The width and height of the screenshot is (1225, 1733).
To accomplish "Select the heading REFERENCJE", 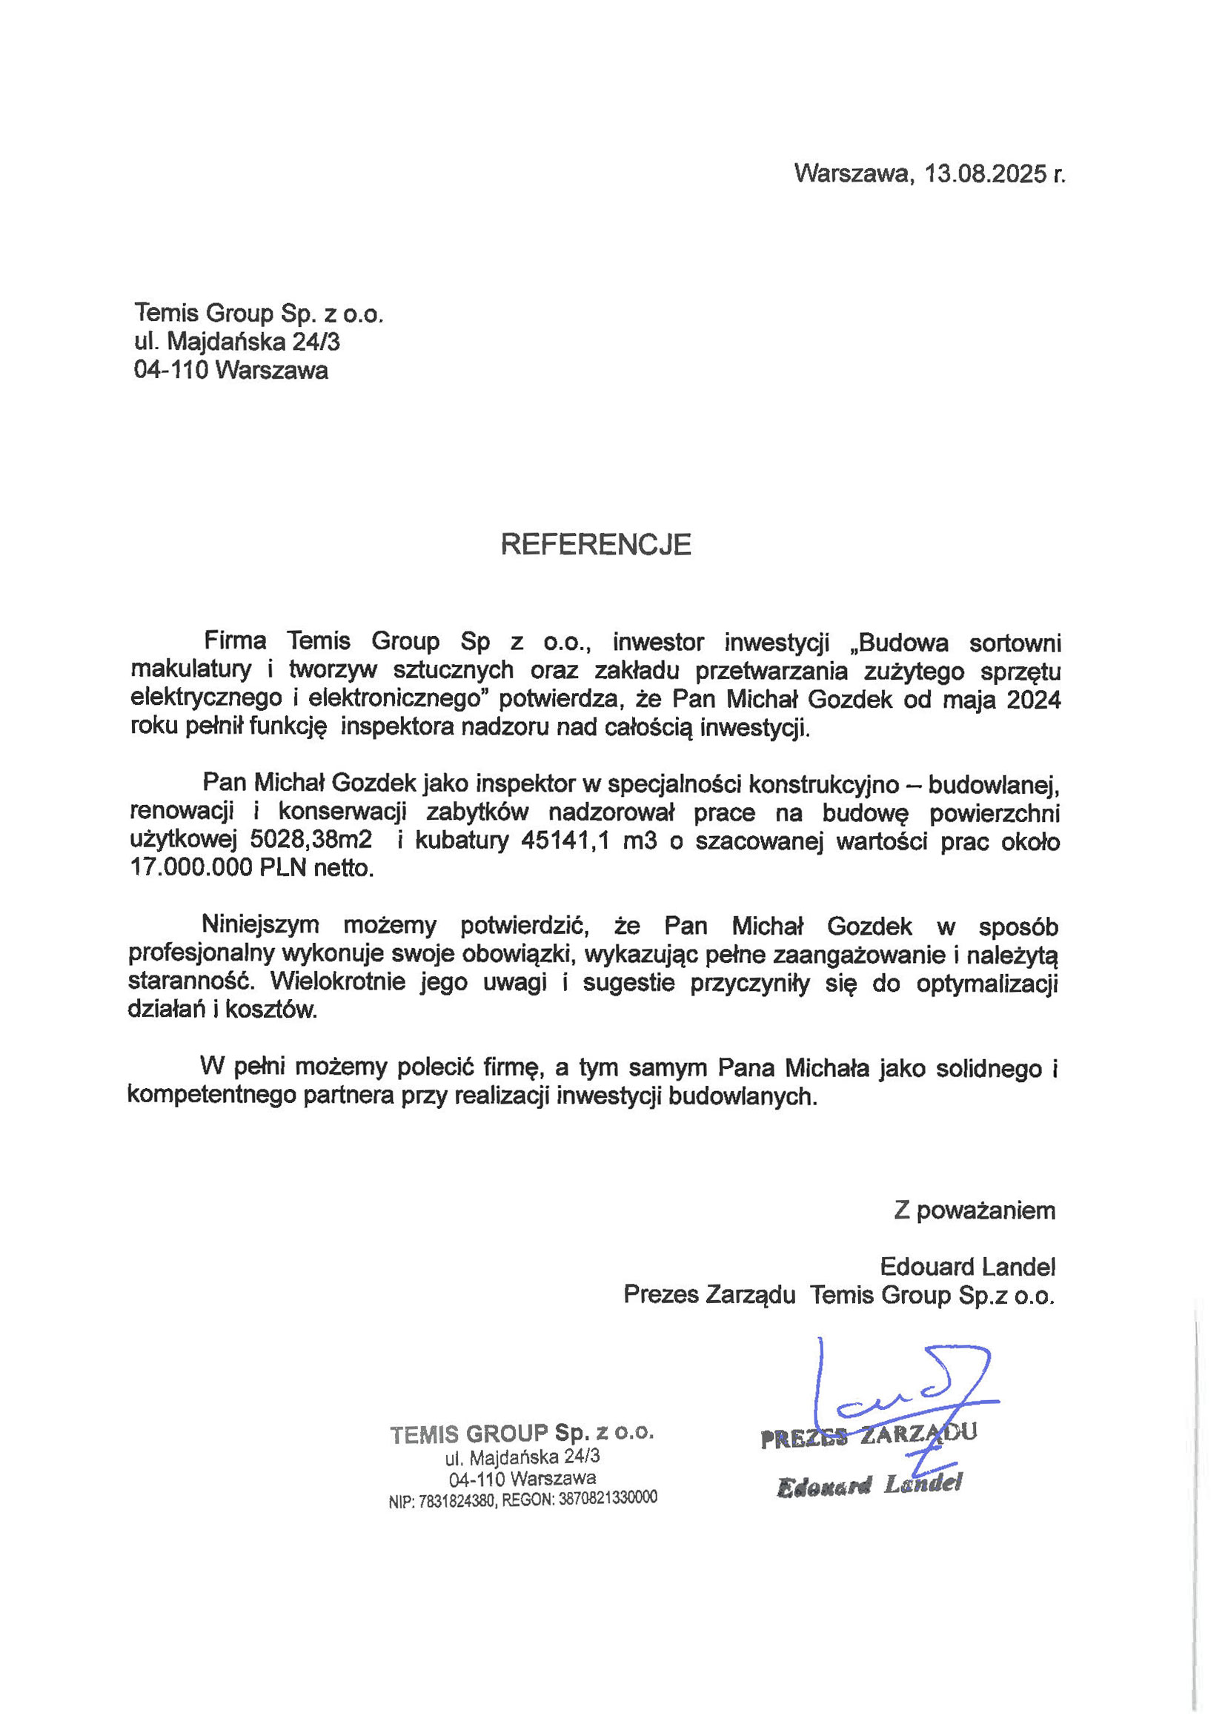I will click(596, 544).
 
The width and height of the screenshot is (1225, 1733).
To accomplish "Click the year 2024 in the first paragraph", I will click(1033, 700).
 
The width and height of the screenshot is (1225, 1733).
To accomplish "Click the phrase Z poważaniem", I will click(975, 1210).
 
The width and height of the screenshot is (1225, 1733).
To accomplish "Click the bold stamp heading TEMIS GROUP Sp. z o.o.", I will click(522, 1434).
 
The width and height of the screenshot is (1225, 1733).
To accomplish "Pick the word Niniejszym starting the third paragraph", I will click(259, 925).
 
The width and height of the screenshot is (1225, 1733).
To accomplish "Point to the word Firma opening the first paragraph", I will click(235, 642).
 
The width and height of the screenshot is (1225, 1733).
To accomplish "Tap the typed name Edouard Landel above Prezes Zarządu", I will click(967, 1266).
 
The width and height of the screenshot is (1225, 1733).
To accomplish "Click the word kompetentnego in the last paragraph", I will click(213, 1096).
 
